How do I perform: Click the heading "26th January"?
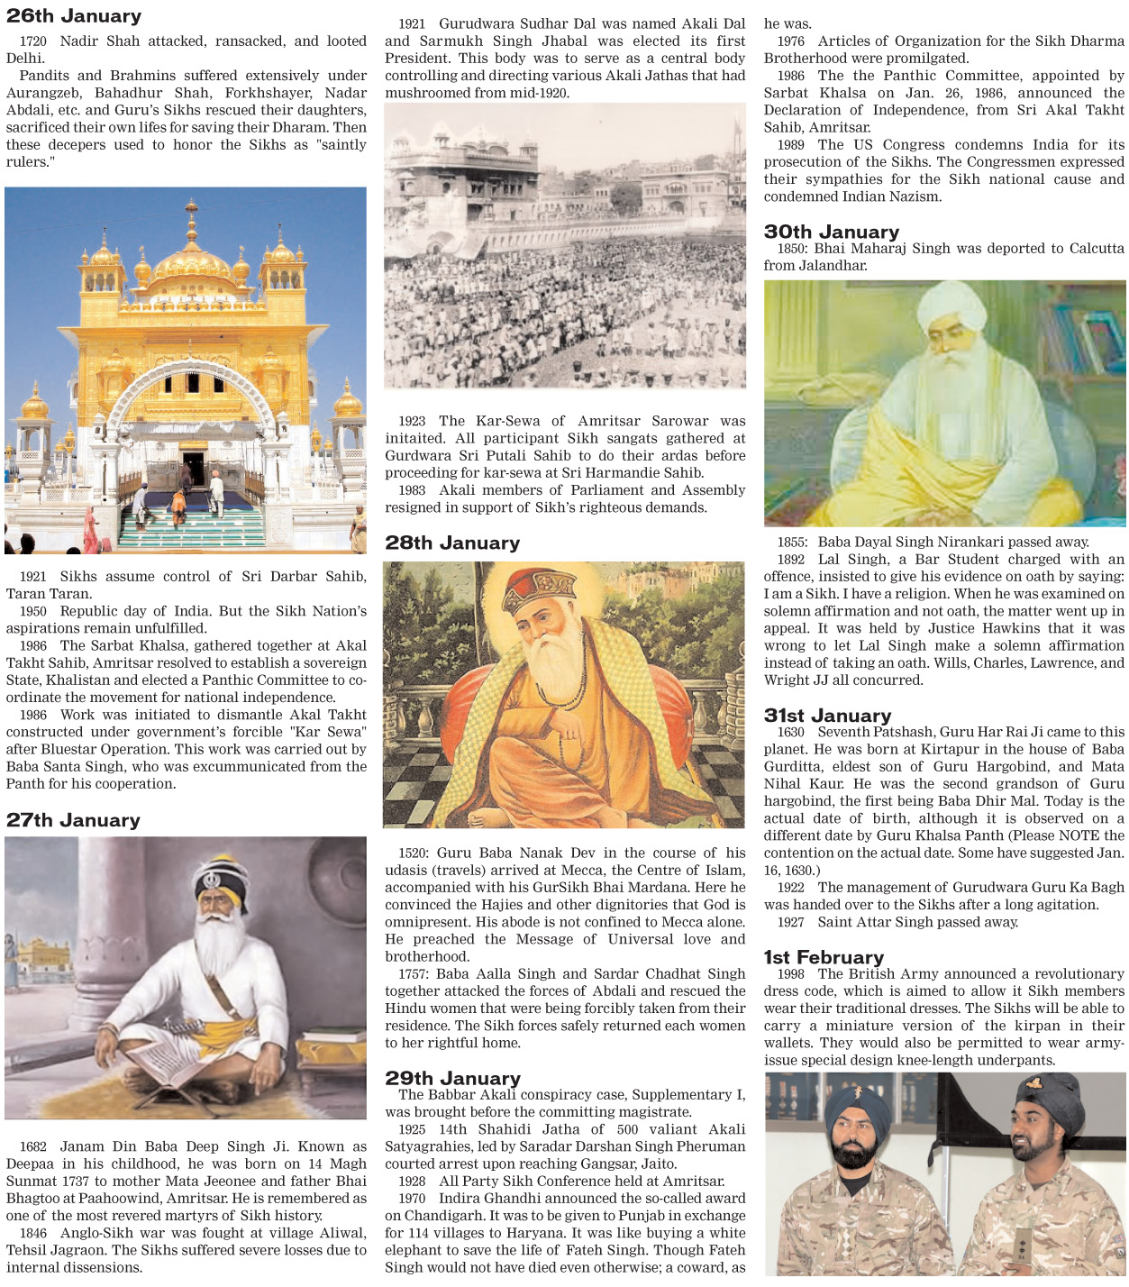point(74,15)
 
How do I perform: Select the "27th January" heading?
point(74,820)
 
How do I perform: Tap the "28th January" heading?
point(452,543)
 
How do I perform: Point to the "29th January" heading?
point(453,1078)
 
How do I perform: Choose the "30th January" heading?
point(832,232)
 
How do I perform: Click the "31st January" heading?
point(828,715)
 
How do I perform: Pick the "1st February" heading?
point(824,957)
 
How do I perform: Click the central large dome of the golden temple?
point(191,261)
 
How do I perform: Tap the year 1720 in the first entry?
point(33,41)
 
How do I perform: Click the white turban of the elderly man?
point(952,306)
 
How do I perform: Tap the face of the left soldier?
point(851,1143)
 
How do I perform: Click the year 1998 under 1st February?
point(791,974)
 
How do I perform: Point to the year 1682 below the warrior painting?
point(33,1147)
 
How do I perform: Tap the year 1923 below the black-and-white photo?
point(413,421)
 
